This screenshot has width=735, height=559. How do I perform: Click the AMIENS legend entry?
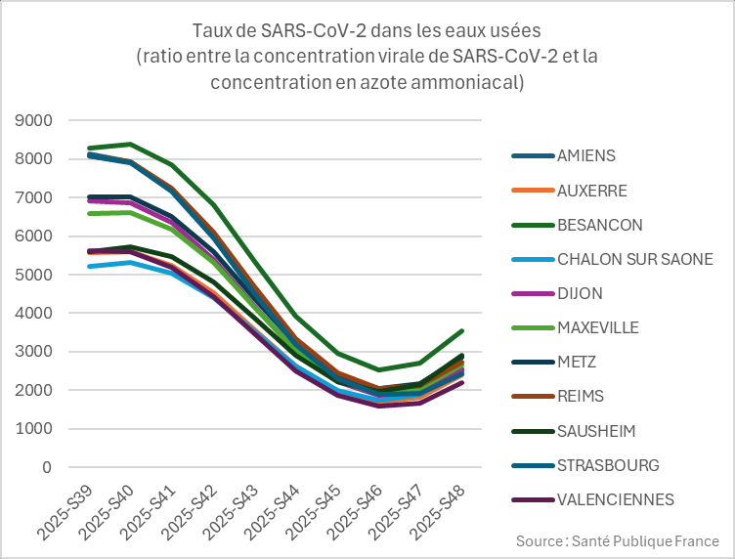tap(586, 155)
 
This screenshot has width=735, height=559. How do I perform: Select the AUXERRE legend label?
tap(592, 190)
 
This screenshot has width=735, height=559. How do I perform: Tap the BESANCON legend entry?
tap(599, 225)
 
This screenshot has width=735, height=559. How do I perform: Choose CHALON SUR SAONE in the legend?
tap(634, 259)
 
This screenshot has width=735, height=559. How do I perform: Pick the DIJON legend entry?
tap(580, 293)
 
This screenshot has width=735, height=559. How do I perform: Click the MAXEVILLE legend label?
tap(597, 327)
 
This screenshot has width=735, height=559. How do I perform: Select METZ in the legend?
tap(577, 362)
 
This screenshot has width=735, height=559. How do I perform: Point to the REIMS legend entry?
tap(580, 396)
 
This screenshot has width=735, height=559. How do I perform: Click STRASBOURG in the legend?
tap(608, 465)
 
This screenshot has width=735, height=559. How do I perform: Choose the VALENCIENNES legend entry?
tap(615, 499)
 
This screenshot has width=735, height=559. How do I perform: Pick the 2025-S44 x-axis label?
tap(271, 508)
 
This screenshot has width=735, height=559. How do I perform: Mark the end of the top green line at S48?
tap(461, 331)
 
